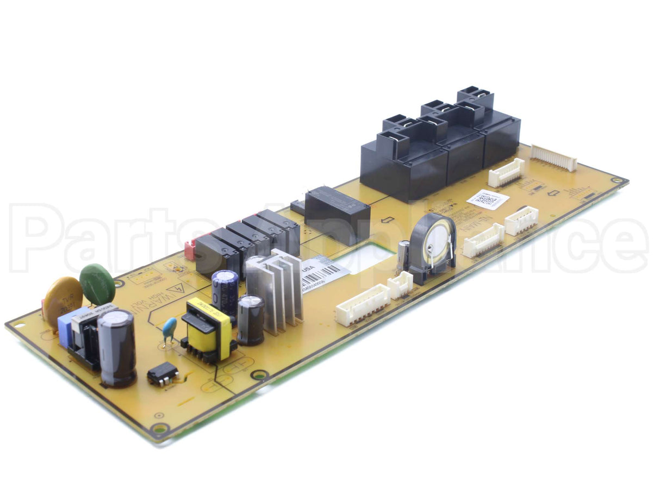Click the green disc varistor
click(x=97, y=283)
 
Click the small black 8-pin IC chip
click(x=163, y=373)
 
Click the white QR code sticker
click(x=487, y=199)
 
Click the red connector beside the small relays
click(x=190, y=250)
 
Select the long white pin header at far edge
click(x=553, y=158)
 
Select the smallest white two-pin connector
click(x=400, y=284)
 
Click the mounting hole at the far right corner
click(x=617, y=180)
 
